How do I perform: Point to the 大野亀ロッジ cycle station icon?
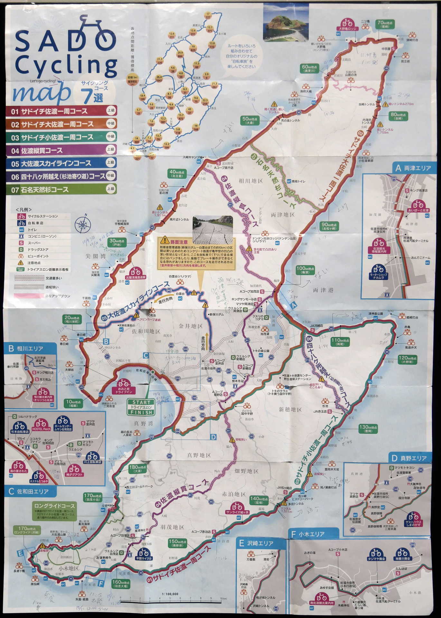347,24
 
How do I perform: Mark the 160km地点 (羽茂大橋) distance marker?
121,584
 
